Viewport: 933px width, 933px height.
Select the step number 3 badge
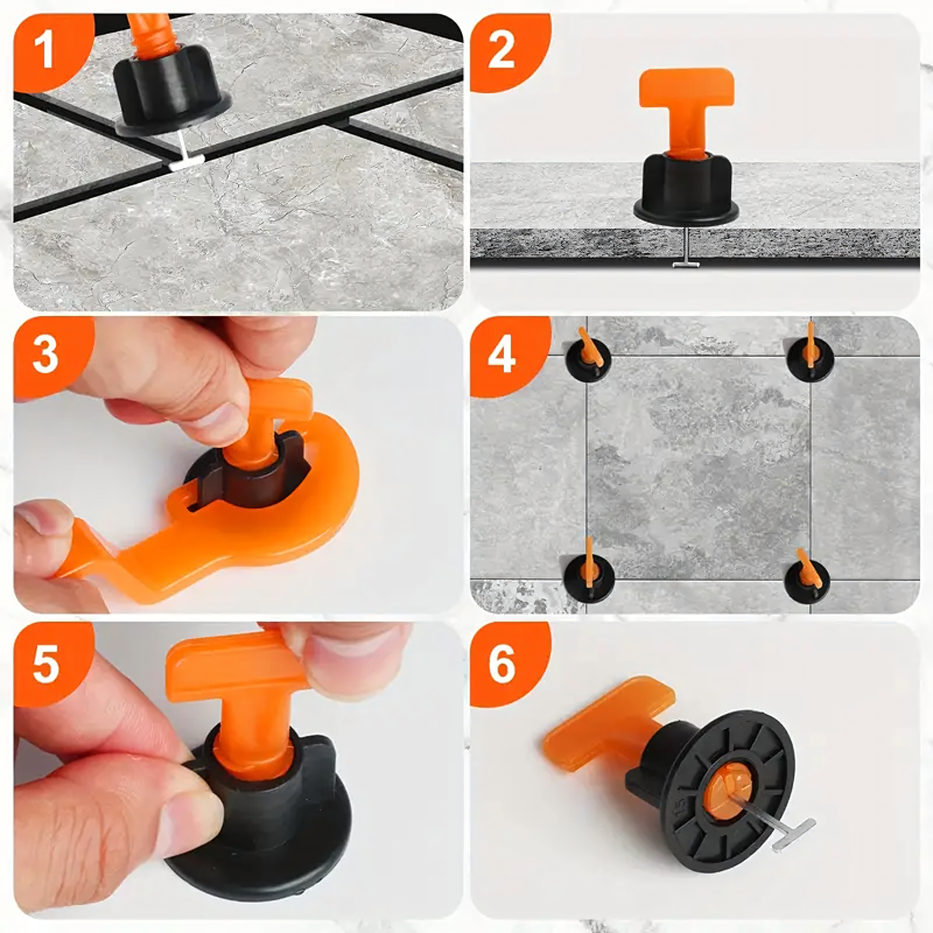(48, 355)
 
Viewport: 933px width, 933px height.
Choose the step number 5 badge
(48, 664)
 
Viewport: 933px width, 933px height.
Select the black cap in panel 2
(686, 191)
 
